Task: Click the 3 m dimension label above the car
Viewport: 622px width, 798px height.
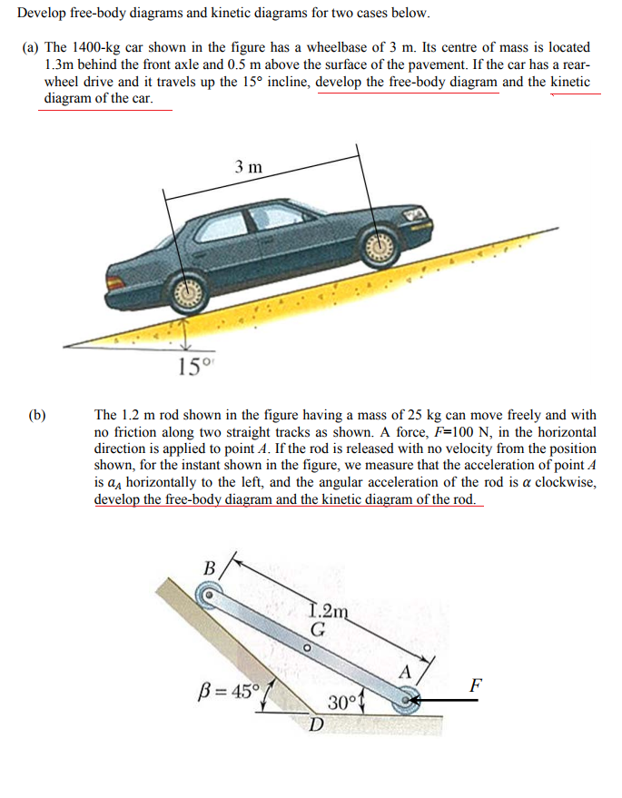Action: tap(248, 167)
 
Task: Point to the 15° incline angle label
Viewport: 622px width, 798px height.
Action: tap(193, 367)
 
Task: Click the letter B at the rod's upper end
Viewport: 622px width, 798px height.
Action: tap(209, 568)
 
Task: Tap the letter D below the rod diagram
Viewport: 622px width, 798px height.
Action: tap(315, 724)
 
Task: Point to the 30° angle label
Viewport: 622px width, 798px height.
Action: tap(340, 703)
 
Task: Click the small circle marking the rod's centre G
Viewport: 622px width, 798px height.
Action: tap(307, 648)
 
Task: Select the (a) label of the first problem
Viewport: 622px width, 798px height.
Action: tap(30, 46)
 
